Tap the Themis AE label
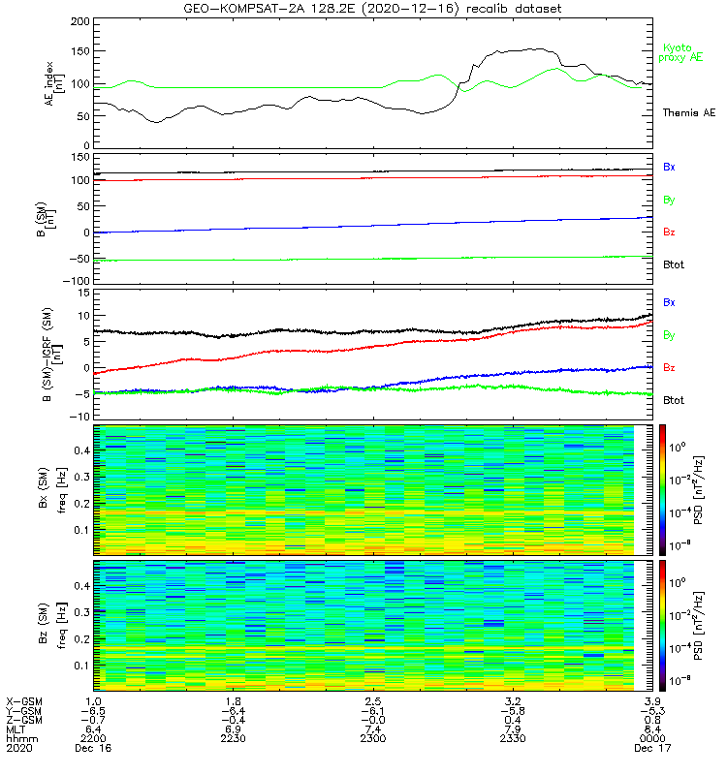click(688, 113)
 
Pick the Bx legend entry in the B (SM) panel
click(669, 167)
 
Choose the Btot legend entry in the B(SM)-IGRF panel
click(673, 400)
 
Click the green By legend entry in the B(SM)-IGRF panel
click(669, 335)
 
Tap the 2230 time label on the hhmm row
click(234, 738)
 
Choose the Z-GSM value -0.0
click(373, 719)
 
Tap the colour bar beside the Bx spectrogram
click(665, 488)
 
